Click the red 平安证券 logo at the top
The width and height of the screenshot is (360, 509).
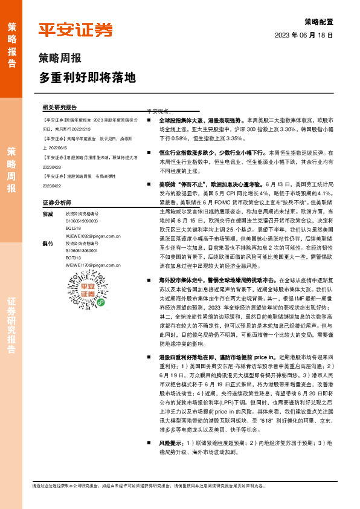(x=76, y=30)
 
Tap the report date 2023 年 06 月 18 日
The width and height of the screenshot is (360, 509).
(x=304, y=36)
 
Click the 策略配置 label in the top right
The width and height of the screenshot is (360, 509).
(x=318, y=21)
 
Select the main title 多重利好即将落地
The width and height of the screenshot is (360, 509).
(x=88, y=78)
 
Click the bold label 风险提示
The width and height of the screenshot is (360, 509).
(x=172, y=442)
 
